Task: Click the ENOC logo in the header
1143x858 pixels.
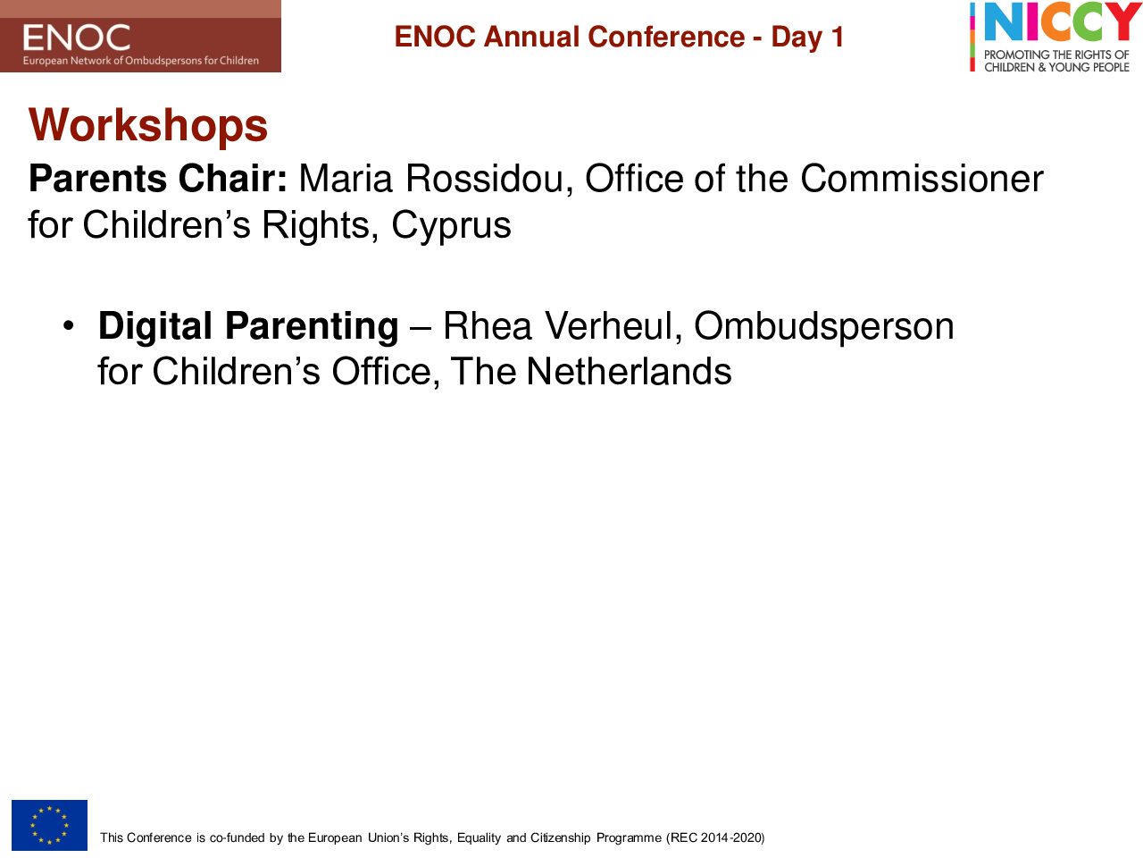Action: point(140,36)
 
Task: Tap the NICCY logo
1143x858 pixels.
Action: point(1055,37)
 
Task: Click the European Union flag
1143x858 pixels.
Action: point(49,825)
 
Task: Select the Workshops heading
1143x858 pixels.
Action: point(148,125)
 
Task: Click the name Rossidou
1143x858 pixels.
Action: point(489,179)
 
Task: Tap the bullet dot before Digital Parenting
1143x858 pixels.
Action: point(68,326)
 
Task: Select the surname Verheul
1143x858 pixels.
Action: point(613,326)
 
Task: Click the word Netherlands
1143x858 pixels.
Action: point(629,372)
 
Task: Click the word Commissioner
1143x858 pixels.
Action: point(922,179)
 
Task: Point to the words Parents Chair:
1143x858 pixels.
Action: point(158,179)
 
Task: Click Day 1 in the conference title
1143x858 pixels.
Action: point(807,38)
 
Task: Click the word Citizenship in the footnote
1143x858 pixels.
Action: point(560,837)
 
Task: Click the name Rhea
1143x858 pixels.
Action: point(488,326)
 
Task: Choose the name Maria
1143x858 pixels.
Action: point(346,179)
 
